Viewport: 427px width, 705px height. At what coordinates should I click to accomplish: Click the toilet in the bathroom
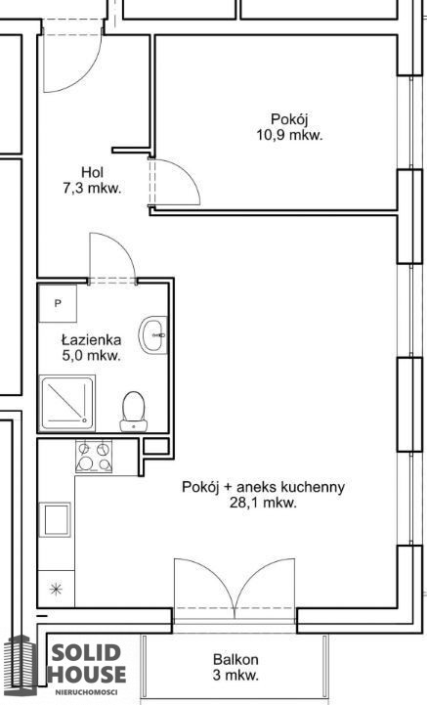tap(134, 412)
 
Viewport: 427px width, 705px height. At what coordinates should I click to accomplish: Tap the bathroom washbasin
tap(153, 335)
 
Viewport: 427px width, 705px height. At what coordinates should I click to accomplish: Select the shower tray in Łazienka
tap(67, 402)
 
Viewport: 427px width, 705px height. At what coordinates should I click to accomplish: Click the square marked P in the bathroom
tap(58, 303)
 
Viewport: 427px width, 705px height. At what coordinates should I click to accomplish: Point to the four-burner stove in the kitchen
tap(94, 456)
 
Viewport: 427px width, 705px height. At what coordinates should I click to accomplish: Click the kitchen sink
tap(55, 519)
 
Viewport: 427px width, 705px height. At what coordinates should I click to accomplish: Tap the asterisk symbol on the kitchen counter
tap(56, 589)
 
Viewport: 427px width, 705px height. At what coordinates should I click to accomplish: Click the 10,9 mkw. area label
tap(289, 135)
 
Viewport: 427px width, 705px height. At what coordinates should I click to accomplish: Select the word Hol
tap(92, 172)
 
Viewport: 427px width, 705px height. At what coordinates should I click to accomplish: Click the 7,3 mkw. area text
tap(92, 188)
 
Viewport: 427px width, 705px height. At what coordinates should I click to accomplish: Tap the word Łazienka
tap(91, 340)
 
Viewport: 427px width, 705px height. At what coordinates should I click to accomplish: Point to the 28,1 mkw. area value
tap(263, 503)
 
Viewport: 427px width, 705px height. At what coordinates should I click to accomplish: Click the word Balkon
tap(235, 660)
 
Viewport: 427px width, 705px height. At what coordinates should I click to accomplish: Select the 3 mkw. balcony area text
tap(235, 675)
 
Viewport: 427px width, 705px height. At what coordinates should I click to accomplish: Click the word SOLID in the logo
tap(86, 653)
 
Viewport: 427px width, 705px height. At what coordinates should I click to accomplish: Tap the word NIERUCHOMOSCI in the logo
tap(86, 692)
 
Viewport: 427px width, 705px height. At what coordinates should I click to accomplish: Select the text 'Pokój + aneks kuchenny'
tap(263, 487)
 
